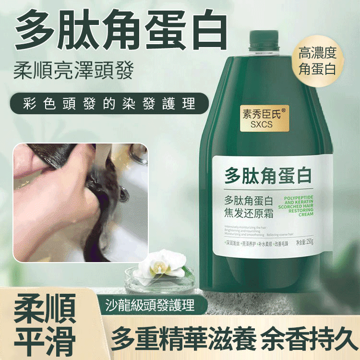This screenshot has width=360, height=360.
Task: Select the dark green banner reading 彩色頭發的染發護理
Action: [x=103, y=104]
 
